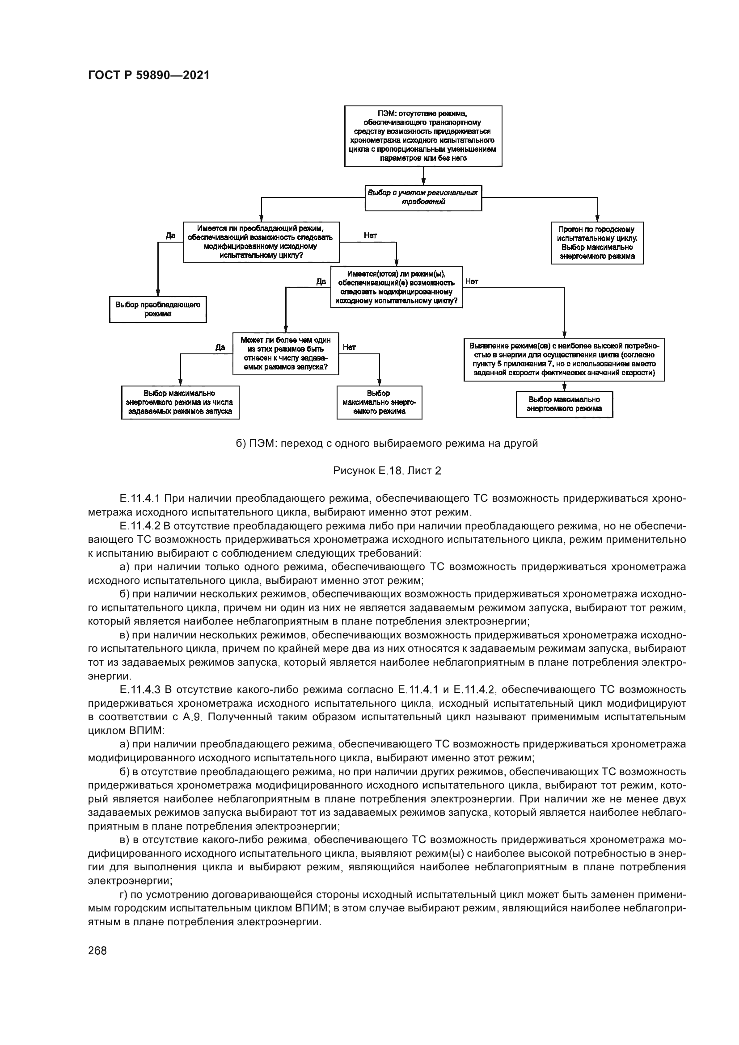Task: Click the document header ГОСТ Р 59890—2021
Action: point(148,76)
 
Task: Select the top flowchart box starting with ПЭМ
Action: point(423,136)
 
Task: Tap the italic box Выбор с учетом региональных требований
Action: point(423,197)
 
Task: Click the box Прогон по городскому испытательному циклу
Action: point(597,243)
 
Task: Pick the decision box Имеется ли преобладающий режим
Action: point(261,242)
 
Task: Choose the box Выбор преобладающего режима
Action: point(157,310)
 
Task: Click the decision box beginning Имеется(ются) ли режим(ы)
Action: point(396,287)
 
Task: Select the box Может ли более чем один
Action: point(286,354)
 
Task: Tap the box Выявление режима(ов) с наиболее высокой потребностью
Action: point(564,359)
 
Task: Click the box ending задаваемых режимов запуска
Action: point(180,403)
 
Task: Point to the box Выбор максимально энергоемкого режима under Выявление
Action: point(564,404)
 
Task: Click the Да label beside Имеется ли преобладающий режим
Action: point(170,236)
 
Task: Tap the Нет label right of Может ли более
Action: point(349,347)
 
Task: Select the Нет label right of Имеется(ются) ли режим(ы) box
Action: point(472,282)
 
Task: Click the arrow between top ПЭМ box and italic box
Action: point(423,176)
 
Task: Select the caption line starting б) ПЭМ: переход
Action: point(387,443)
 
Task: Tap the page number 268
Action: point(97,951)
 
